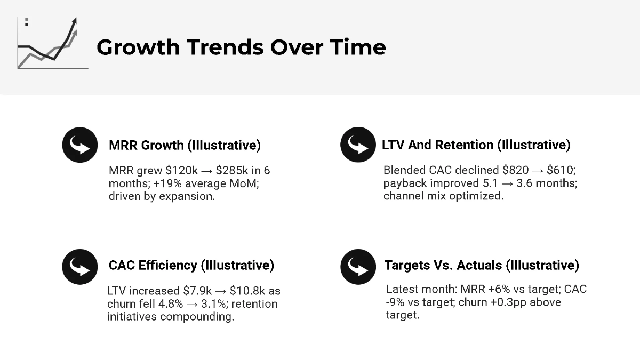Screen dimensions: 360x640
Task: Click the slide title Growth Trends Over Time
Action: point(241,47)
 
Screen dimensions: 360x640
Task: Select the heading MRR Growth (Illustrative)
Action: point(185,145)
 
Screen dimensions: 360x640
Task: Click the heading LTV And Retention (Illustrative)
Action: point(476,145)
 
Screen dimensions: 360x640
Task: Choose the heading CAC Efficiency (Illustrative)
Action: point(191,265)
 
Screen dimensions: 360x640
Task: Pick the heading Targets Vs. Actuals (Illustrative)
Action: point(482,265)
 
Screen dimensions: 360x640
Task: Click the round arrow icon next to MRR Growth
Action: point(80,145)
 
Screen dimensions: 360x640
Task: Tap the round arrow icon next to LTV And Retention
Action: point(358,145)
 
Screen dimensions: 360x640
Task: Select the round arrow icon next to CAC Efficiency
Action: point(80,265)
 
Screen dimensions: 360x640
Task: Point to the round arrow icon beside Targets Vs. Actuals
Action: point(358,265)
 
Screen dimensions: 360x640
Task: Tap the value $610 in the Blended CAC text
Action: point(561,171)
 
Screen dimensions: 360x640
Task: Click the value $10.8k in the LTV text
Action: point(247,291)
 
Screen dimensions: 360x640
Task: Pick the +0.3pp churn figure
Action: point(472,302)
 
